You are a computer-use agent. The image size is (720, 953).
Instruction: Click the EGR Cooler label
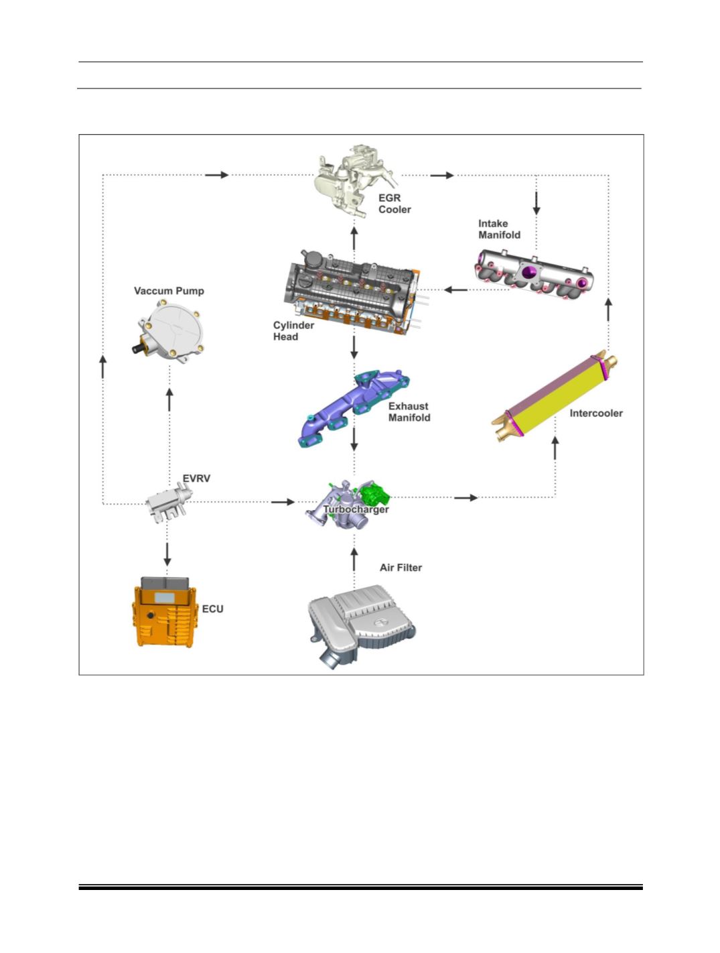coord(394,204)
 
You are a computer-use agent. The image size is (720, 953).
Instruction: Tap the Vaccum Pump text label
coord(169,291)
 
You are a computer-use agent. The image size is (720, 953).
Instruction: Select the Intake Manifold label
coord(499,229)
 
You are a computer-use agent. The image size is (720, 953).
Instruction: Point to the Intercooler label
coord(596,414)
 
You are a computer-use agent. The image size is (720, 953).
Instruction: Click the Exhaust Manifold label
coord(409,412)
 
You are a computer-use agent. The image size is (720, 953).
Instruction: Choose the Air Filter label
coord(401,568)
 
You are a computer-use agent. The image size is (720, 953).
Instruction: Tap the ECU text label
coord(213,609)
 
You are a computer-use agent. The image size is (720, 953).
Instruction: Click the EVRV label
coord(196,479)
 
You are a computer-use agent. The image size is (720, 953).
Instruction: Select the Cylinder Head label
coord(293,331)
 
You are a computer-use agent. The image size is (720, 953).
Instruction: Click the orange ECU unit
coord(165,611)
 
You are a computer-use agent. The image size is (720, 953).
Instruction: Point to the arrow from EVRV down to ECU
coord(167,554)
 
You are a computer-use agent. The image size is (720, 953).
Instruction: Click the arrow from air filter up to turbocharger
coord(354,559)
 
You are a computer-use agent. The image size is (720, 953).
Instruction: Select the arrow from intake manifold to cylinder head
coord(455,290)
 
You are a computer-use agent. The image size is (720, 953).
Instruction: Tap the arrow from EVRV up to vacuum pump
coord(169,399)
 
